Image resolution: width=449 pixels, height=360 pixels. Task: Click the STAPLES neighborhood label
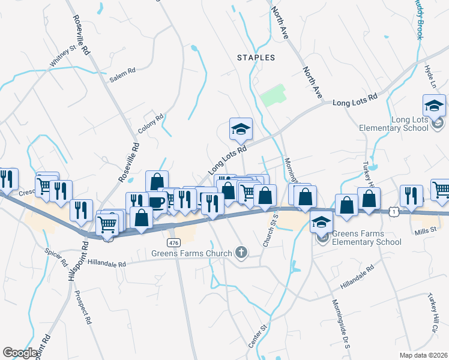click(256, 58)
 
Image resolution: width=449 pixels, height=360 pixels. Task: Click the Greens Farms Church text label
click(191, 253)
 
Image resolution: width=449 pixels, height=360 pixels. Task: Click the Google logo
click(20, 352)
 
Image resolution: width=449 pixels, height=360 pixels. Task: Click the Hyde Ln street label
click(429, 77)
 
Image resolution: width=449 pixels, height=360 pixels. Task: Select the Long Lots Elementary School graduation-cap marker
click(434, 106)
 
